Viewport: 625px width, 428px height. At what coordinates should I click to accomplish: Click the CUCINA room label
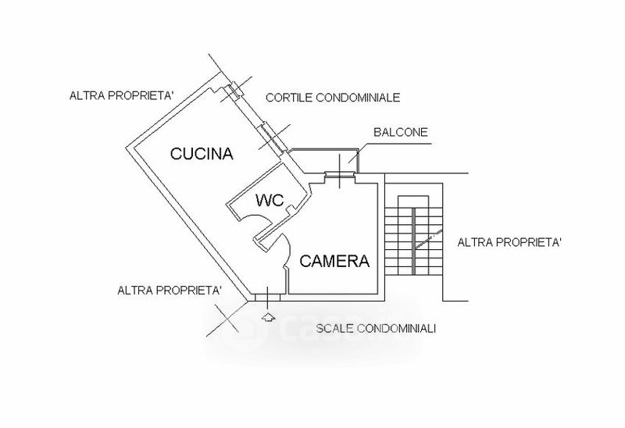click(x=202, y=153)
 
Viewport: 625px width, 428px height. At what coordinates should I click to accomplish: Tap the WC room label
click(x=270, y=200)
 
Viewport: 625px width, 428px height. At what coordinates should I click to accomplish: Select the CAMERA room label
click(x=334, y=261)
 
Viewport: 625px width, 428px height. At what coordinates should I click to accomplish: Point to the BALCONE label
click(x=401, y=132)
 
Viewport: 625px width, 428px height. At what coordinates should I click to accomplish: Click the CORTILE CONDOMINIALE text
click(x=333, y=97)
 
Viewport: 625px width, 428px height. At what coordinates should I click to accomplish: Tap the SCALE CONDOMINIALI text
click(x=376, y=329)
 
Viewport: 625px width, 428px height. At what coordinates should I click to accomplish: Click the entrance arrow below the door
click(x=269, y=317)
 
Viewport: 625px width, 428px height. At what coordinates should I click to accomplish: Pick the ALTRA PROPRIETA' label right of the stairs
click(x=509, y=242)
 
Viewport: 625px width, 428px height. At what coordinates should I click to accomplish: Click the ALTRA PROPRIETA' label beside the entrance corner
click(x=170, y=290)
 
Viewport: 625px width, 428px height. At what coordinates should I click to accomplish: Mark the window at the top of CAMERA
click(x=339, y=173)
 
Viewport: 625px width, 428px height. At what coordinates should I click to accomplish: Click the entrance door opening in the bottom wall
click(x=267, y=298)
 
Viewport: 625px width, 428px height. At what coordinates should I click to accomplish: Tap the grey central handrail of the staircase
click(x=413, y=241)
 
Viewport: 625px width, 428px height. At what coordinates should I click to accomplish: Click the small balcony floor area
click(x=323, y=162)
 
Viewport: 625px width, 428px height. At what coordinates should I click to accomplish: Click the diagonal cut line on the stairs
click(x=428, y=239)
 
